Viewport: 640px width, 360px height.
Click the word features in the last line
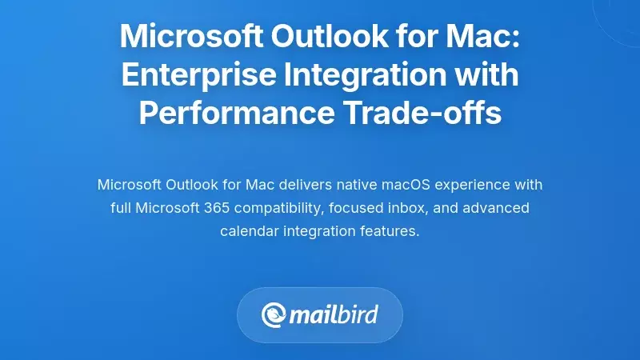click(391, 231)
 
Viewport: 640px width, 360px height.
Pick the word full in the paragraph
click(122, 208)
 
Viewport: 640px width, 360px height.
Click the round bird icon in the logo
click(274, 314)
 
